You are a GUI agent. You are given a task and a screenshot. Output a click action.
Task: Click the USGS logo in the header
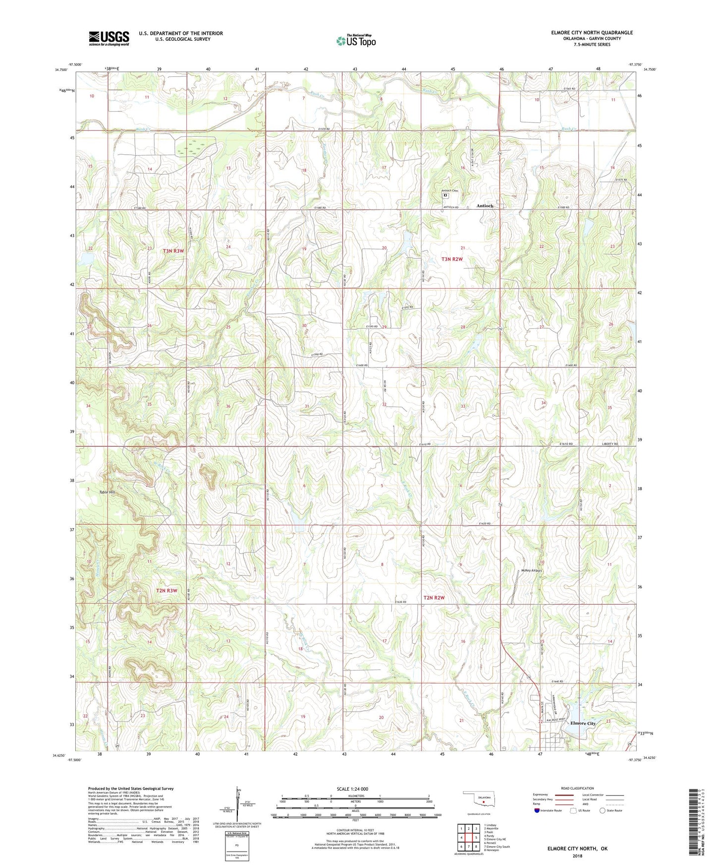point(109,38)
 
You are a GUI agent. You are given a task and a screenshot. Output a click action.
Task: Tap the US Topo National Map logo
point(356,41)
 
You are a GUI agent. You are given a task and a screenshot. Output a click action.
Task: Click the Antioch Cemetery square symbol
point(445,195)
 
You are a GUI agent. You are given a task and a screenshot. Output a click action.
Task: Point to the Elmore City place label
point(583,723)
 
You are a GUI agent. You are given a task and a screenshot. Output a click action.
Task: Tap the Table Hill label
point(107,492)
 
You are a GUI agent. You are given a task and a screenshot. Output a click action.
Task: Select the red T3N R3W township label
point(173,251)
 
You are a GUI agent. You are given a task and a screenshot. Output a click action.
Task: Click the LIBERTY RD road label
point(610,444)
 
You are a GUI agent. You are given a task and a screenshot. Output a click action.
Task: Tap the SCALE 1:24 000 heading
point(352,789)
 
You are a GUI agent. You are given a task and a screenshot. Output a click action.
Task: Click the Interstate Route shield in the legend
point(537,811)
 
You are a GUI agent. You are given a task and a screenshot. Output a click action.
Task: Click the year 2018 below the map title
point(577,856)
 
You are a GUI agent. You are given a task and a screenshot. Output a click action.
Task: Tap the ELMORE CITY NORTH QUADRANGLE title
point(592,33)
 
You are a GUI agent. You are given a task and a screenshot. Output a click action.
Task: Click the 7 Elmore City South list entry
point(496,847)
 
